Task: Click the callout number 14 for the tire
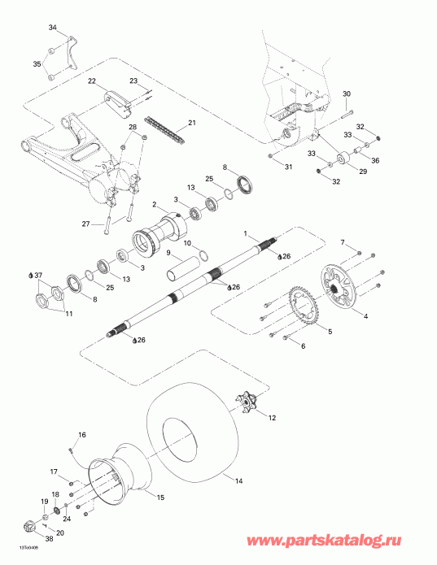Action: pos(238,481)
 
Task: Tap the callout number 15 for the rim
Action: pos(160,497)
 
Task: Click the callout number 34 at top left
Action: pos(53,28)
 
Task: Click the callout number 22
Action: pos(92,80)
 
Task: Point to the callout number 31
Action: pos(287,167)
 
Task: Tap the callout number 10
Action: pos(186,243)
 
